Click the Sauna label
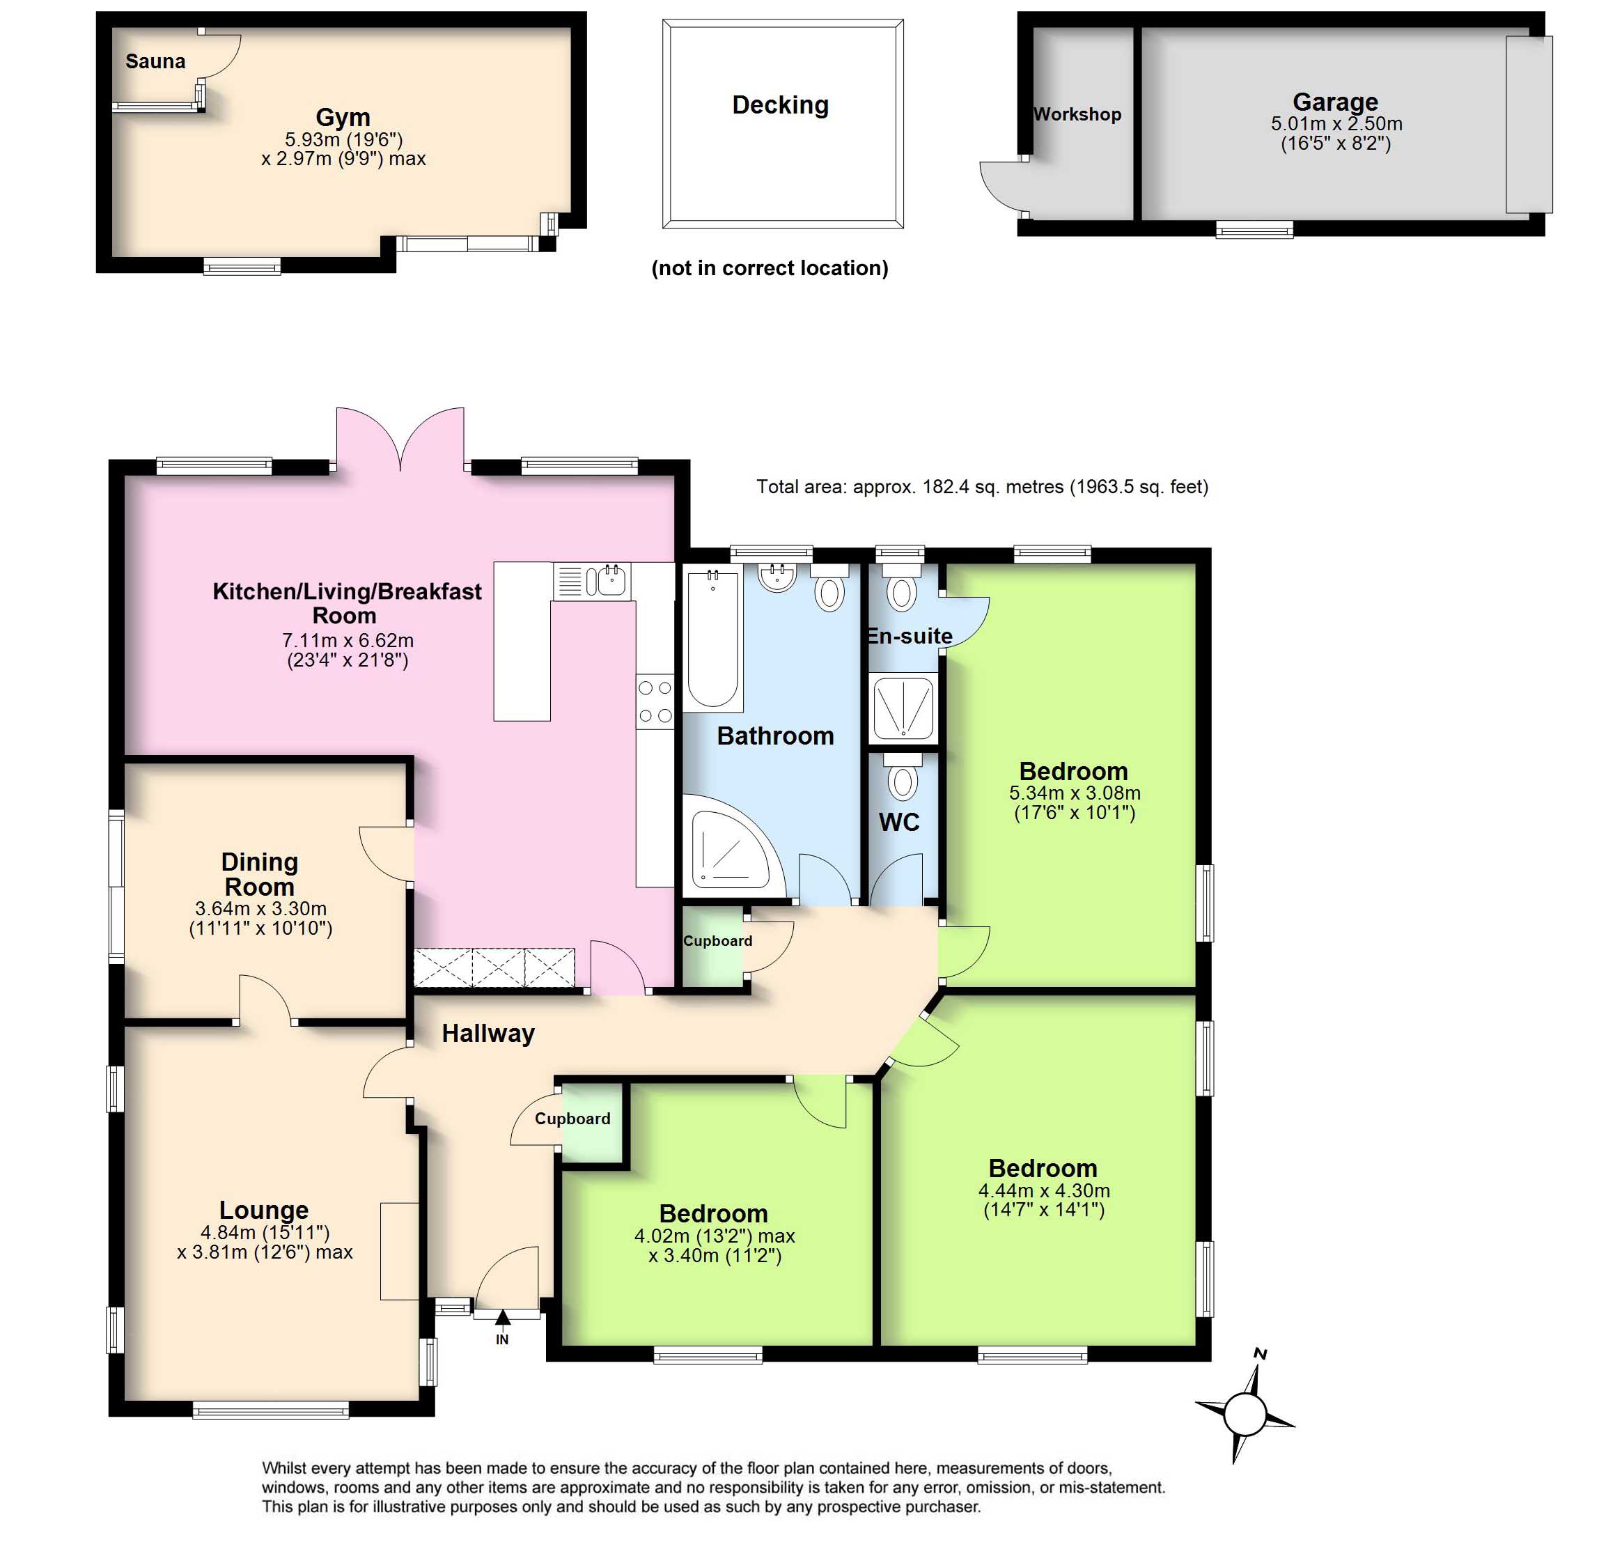pos(155,61)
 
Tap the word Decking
pos(780,105)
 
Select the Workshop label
pos(1076,114)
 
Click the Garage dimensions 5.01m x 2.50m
pos(1336,124)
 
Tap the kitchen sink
pos(611,580)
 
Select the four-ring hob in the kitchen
pos(655,701)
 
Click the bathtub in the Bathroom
pos(712,638)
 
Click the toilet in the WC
pos(903,777)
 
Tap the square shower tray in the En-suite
pos(903,707)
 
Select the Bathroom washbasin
pos(777,576)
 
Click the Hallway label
pos(488,1033)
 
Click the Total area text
pos(982,487)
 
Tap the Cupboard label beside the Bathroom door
pos(717,941)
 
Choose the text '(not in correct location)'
pos(769,268)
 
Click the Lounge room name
pos(263,1210)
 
